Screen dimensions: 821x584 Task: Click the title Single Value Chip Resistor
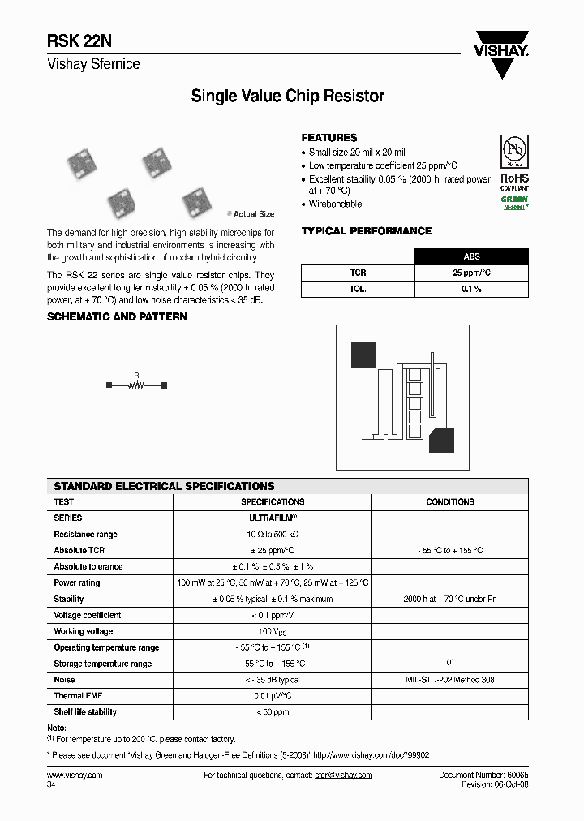[287, 97]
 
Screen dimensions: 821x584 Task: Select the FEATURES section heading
[328, 138]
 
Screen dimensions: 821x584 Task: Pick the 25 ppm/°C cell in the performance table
[471, 273]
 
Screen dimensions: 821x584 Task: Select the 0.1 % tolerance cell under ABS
[471, 290]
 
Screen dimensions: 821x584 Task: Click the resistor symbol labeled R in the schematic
[136, 386]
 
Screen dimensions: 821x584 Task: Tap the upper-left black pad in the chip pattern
[363, 355]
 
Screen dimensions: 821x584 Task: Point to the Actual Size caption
[253, 214]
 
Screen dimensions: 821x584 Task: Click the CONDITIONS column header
[449, 502]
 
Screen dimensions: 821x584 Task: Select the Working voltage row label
[84, 631]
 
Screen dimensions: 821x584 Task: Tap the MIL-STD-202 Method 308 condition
[449, 680]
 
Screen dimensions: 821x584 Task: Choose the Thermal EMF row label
[78, 696]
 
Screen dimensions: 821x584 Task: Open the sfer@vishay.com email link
[342, 776]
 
